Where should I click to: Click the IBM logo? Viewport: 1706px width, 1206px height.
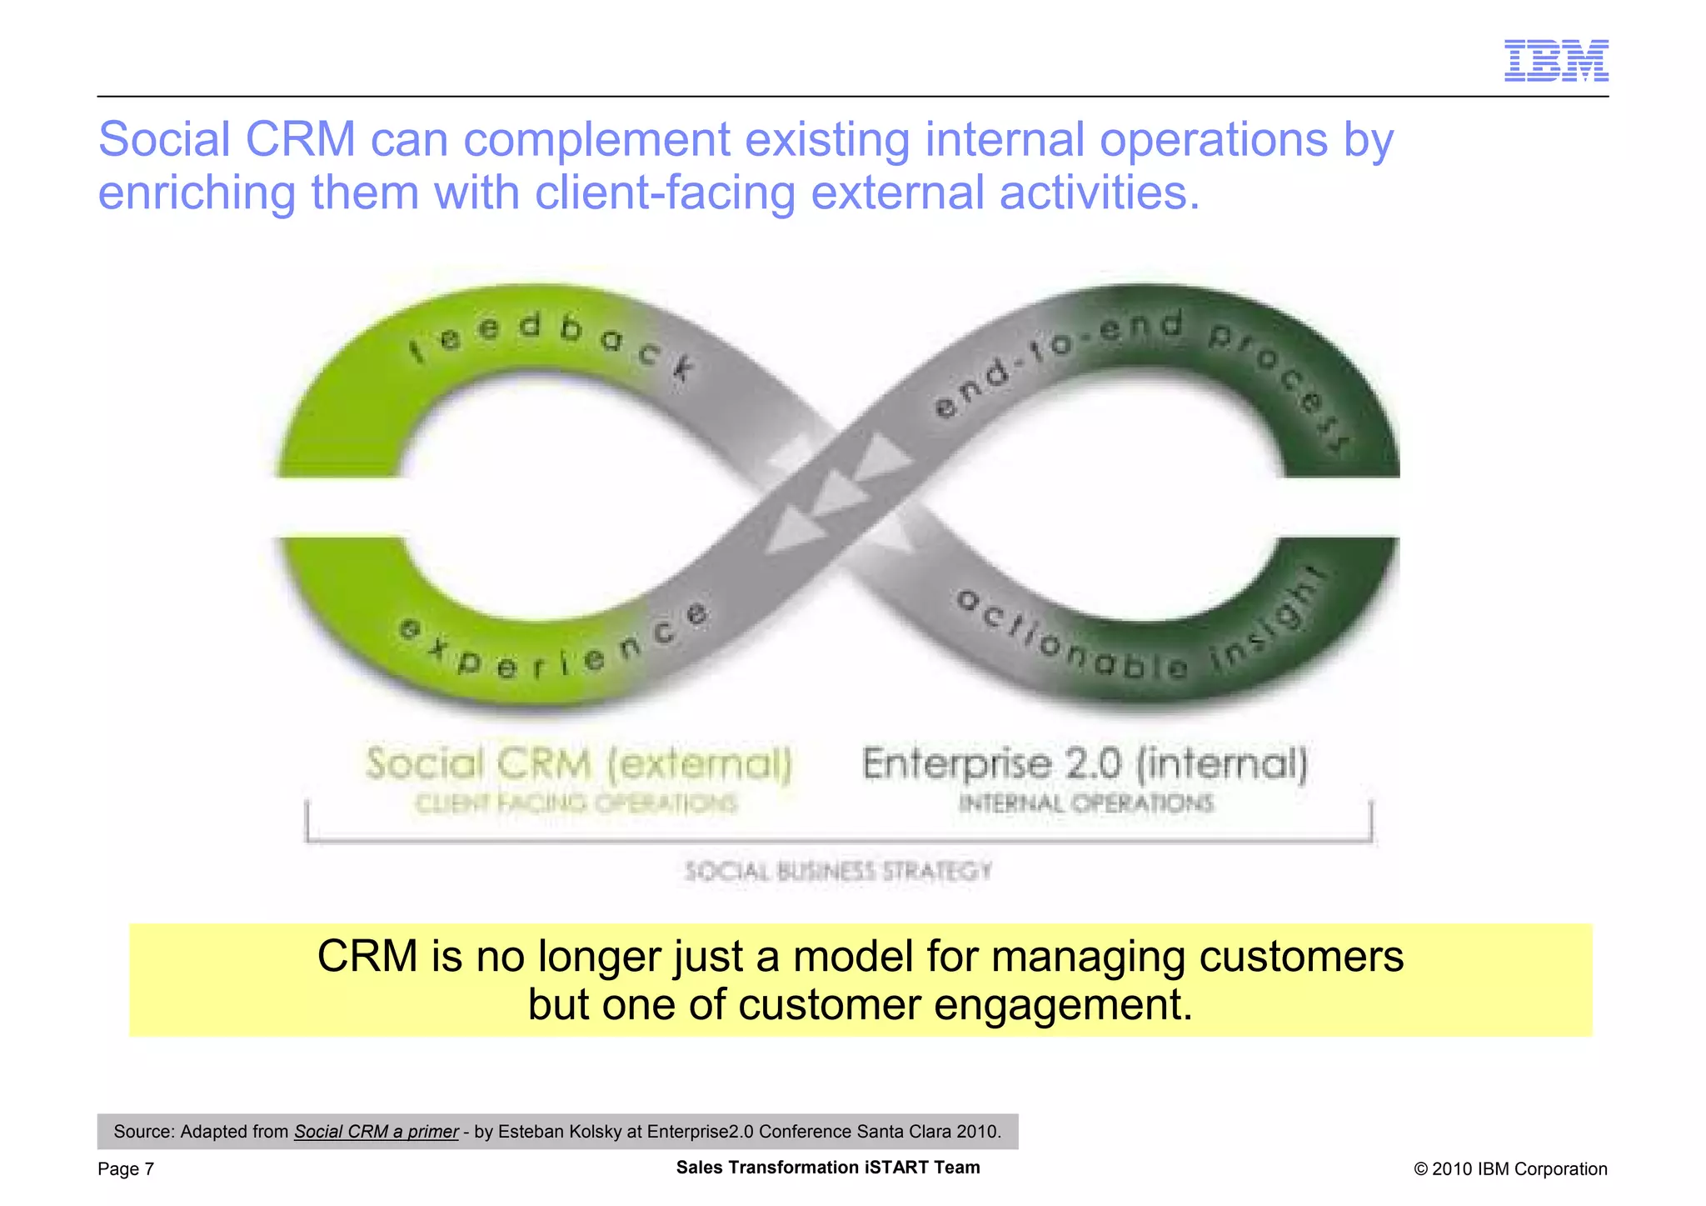[1555, 60]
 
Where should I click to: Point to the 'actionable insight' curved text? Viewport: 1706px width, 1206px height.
[1141, 638]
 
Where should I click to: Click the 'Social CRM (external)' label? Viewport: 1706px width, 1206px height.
[578, 763]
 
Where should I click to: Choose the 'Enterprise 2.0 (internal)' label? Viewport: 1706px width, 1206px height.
[1085, 763]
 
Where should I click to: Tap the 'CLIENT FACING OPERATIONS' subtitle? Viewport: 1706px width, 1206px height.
[576, 803]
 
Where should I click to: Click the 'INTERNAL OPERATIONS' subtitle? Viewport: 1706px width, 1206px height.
[1085, 803]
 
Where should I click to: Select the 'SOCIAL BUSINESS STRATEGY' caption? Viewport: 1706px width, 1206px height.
[838, 872]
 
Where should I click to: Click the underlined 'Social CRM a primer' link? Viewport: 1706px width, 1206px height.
[376, 1132]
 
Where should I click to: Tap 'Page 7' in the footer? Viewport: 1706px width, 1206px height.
[126, 1169]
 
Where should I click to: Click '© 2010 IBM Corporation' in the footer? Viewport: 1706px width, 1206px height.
[1509, 1169]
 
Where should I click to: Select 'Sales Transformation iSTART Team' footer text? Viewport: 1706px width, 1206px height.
[828, 1168]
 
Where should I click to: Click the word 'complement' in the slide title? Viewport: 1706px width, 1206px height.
[596, 139]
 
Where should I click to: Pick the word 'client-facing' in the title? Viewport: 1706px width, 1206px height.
[665, 193]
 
